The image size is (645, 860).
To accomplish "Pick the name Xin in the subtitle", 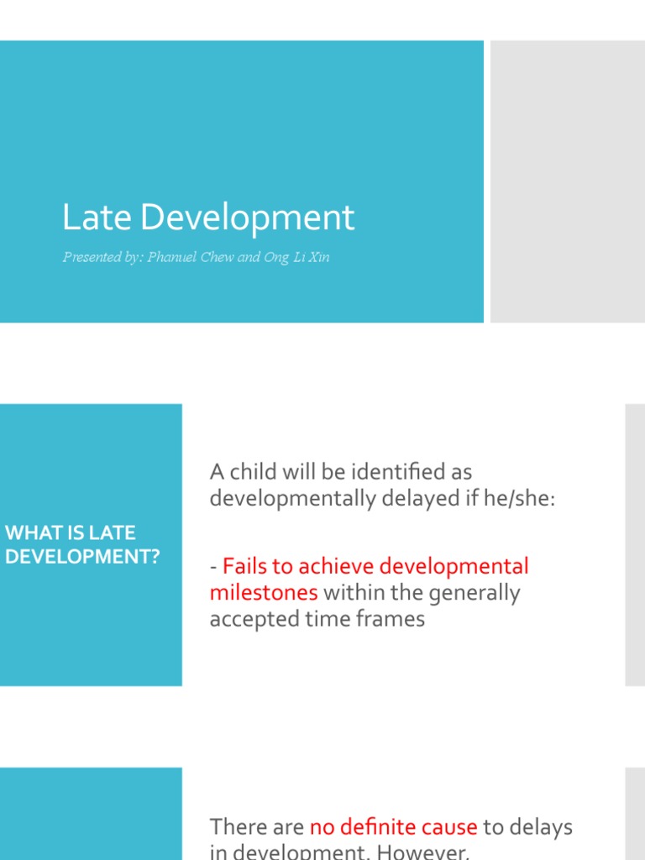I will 318,257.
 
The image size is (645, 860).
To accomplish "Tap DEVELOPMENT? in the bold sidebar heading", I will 81,556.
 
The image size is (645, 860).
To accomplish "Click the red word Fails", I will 244,566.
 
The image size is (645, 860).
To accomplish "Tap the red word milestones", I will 264,593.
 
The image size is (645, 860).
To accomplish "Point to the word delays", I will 542,826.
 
